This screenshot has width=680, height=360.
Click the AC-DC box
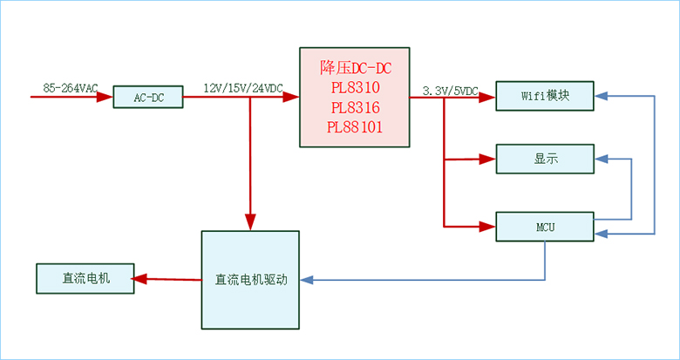coord(149,98)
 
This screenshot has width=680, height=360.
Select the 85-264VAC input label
coord(70,88)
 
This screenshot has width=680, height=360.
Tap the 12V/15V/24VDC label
coord(242,89)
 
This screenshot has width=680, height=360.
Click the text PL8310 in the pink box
coord(354,89)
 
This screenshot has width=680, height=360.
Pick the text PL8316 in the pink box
coord(354,108)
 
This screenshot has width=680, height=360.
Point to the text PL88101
coord(354,127)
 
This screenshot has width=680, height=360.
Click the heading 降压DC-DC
coord(354,68)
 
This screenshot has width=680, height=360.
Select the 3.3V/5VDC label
coord(450,91)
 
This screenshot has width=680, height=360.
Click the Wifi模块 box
coord(545,96)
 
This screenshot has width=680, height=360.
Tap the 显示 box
coord(545,159)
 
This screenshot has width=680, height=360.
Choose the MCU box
coord(545,227)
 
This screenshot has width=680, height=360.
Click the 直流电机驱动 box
coord(249,280)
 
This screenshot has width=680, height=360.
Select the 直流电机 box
coord(85,279)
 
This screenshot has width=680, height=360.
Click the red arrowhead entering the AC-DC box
coord(107,98)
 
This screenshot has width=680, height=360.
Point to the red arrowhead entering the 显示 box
coord(489,160)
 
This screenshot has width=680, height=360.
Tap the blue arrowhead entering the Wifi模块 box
coord(601,95)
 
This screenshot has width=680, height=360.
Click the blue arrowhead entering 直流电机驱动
coord(305,281)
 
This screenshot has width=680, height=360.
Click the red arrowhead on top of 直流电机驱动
coord(250,224)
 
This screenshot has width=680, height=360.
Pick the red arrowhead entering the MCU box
coord(489,227)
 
